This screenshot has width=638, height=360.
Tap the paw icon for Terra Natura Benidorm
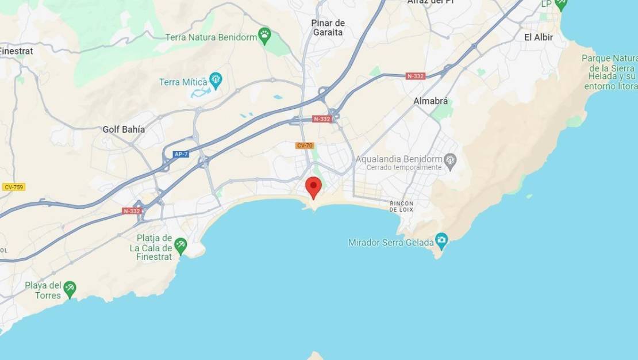[x=264, y=36]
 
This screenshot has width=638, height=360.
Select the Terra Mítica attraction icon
[x=216, y=80]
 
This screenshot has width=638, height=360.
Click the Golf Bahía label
[x=124, y=129]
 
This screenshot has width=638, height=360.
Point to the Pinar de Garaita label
[x=328, y=28]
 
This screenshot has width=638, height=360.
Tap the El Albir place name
[x=539, y=37]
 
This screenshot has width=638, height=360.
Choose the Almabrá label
[x=431, y=101]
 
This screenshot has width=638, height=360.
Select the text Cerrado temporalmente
[x=399, y=167]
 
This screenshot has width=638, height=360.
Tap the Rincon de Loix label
[x=402, y=206]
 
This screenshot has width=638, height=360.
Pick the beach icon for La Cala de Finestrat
[x=180, y=245]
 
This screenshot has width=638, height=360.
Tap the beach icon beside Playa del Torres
[x=70, y=288]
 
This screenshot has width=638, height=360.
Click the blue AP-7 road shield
[x=181, y=154]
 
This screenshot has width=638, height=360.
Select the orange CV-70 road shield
[x=305, y=145]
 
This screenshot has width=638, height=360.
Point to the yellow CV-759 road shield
[x=14, y=187]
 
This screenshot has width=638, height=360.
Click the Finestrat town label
[x=16, y=51]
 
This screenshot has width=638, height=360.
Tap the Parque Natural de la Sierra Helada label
[x=610, y=72]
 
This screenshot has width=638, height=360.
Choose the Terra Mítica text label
[x=183, y=82]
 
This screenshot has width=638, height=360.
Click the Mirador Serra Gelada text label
[x=391, y=243]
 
